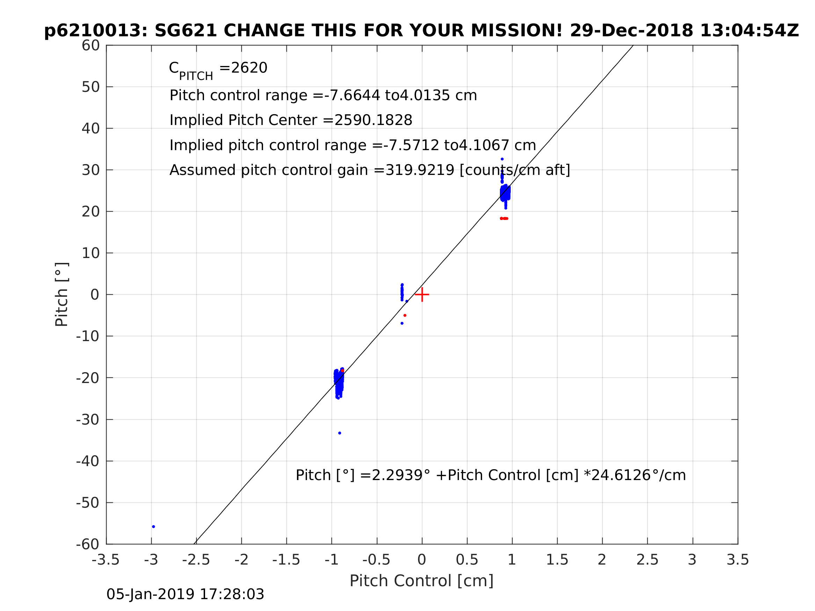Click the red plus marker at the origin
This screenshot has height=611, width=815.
click(422, 295)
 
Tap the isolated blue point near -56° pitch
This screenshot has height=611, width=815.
click(154, 527)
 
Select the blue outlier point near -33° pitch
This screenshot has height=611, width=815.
click(340, 433)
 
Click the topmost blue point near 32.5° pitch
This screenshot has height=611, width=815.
click(502, 159)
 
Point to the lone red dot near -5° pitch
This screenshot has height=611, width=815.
click(405, 315)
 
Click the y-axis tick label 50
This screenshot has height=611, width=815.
click(90, 87)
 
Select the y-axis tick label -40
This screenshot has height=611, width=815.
click(88, 461)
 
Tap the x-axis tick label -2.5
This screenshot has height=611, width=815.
click(196, 560)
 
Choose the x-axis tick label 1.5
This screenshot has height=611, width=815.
click(557, 560)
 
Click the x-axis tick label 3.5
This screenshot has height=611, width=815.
click(738, 560)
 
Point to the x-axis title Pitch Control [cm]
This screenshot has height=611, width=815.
click(422, 581)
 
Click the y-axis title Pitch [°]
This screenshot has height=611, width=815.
click(61, 294)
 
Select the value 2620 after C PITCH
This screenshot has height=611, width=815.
click(248, 68)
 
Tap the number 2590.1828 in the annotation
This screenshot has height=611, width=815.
click(373, 120)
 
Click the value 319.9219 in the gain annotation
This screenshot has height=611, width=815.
click(419, 170)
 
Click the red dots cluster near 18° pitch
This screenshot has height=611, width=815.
click(504, 219)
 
